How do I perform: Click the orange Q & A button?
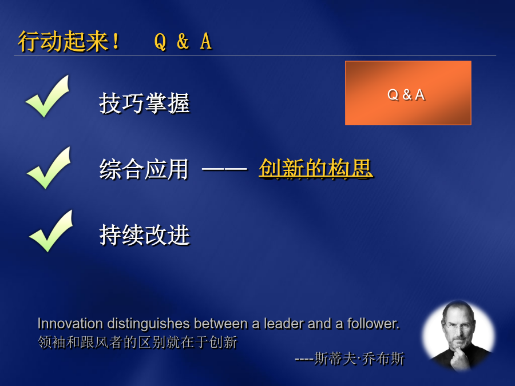(x=408, y=93)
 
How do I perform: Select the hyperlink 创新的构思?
(x=316, y=169)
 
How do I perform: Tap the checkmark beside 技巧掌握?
(x=47, y=96)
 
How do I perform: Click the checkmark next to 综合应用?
(x=49, y=168)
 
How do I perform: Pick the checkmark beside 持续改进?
(x=51, y=231)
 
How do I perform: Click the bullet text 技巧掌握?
(x=145, y=103)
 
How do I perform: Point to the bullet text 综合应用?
(x=144, y=169)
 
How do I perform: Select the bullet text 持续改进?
(x=145, y=235)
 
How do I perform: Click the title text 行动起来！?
(x=69, y=41)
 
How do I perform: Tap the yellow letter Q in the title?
(x=160, y=42)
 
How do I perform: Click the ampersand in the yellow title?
(x=183, y=42)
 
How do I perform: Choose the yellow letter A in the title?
(x=206, y=42)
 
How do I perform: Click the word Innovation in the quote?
(x=70, y=324)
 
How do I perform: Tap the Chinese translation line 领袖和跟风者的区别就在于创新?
(x=137, y=343)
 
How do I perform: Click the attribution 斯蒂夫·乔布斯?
(x=359, y=359)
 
